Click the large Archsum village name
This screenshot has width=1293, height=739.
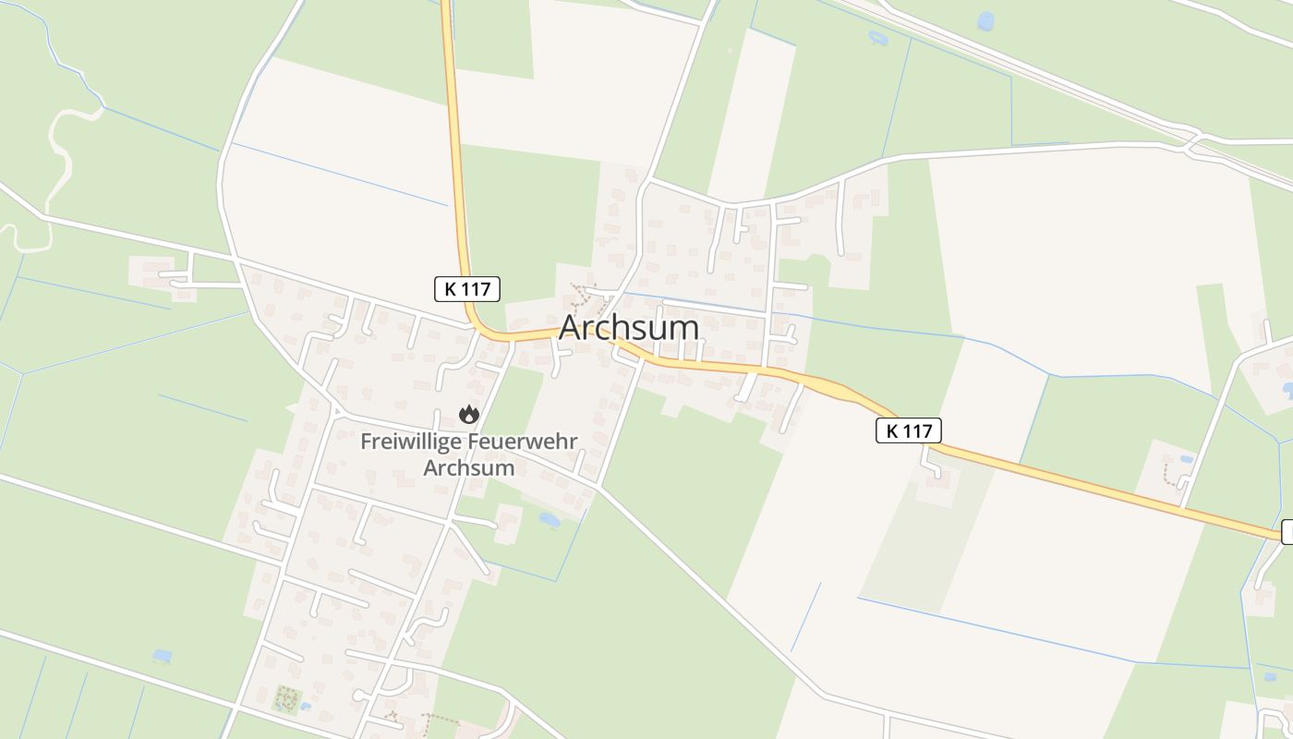click(x=629, y=328)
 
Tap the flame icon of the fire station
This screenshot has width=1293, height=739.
click(x=469, y=415)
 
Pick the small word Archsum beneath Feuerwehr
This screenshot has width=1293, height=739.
click(x=468, y=467)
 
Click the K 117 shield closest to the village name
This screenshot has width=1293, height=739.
click(x=467, y=289)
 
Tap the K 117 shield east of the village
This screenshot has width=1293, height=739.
click(x=909, y=430)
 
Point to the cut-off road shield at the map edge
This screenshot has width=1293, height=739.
click(x=1287, y=532)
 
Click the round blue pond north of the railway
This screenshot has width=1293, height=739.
click(x=986, y=21)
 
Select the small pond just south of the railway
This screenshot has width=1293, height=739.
click(x=876, y=39)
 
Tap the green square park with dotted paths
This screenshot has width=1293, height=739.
click(x=286, y=699)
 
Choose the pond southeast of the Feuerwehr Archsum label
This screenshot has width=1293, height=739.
click(x=550, y=520)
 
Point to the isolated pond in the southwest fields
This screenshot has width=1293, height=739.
click(x=163, y=656)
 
